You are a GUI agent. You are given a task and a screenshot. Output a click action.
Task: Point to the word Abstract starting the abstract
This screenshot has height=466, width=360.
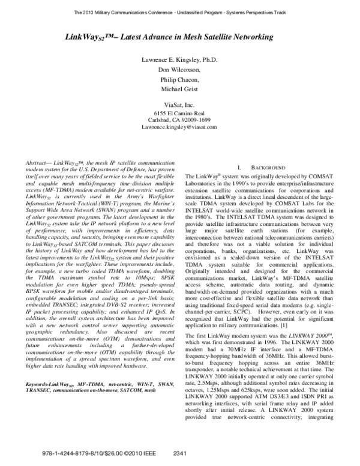(40, 163)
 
